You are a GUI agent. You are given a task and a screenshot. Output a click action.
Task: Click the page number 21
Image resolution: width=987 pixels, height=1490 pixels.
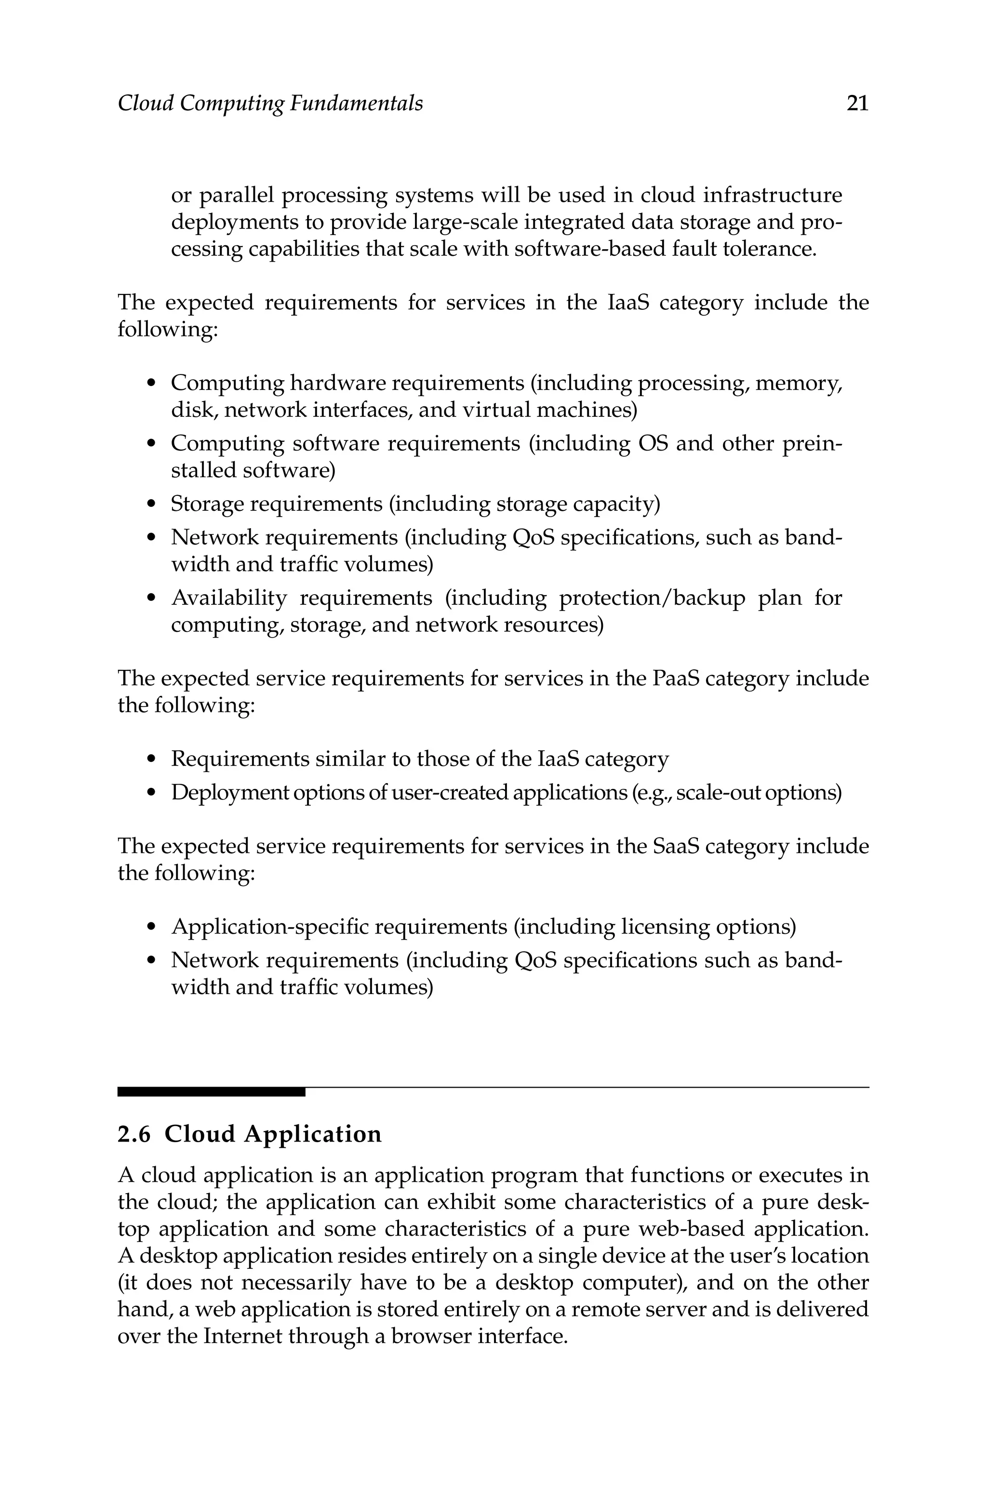pos(857,103)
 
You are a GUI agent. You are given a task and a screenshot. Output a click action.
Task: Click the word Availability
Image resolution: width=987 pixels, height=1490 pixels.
pos(229,598)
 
